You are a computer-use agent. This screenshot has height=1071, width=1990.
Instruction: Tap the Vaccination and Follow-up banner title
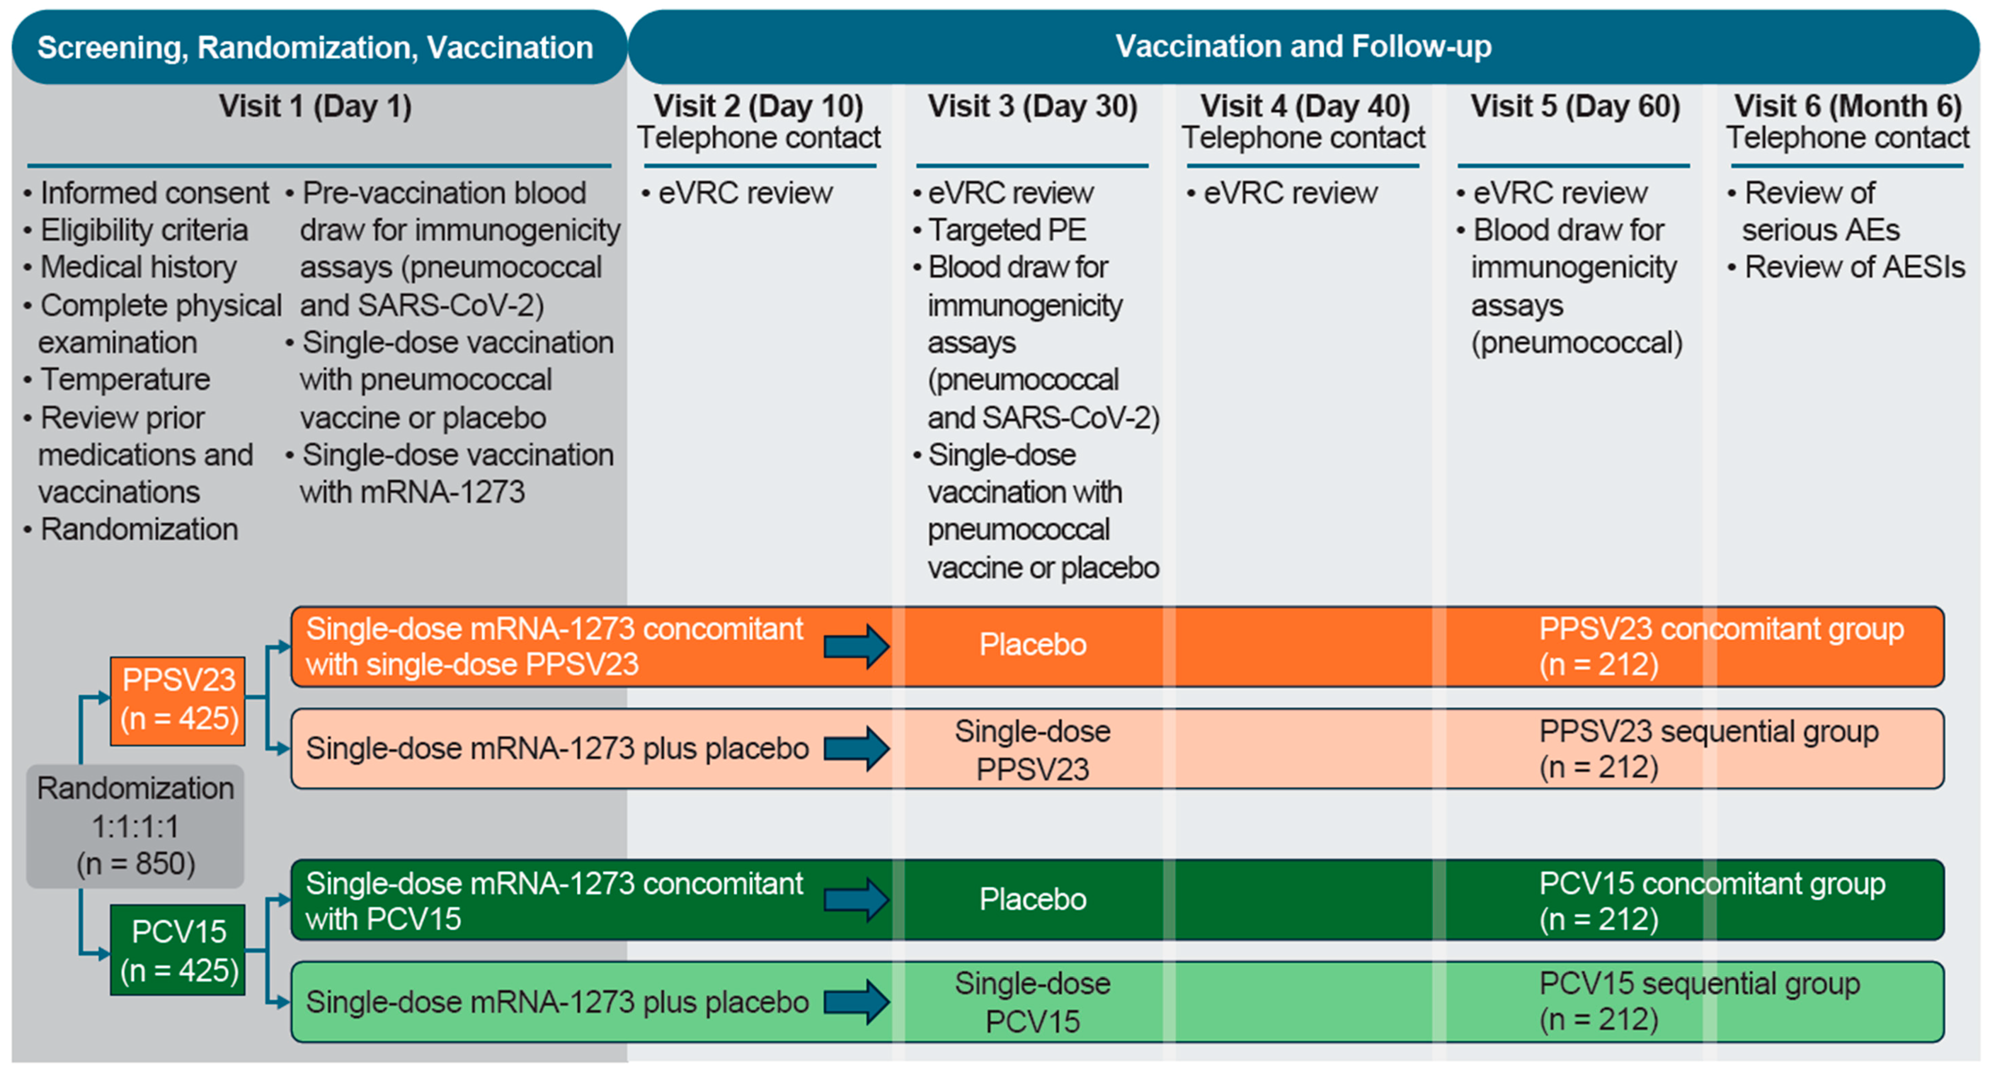[x=1303, y=46]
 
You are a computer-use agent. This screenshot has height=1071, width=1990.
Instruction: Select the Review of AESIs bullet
[x=1854, y=267]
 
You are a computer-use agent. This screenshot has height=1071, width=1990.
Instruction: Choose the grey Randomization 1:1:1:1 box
[x=135, y=826]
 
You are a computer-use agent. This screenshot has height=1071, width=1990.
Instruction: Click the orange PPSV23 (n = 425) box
[x=178, y=700]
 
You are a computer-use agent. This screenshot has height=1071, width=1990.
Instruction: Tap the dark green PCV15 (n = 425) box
[x=178, y=951]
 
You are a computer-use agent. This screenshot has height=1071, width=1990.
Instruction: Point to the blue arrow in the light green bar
[x=856, y=1002]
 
